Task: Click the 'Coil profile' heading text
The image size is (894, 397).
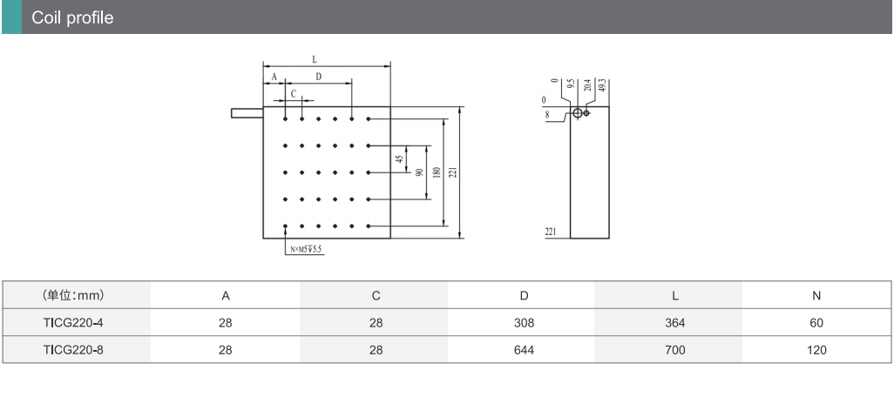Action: [x=72, y=17]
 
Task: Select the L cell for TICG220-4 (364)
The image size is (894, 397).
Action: [x=674, y=323]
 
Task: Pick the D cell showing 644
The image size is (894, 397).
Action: [x=524, y=350]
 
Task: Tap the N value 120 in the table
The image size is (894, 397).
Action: [x=816, y=350]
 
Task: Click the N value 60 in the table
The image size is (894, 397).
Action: [x=816, y=323]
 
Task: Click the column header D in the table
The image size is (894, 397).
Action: [x=524, y=295]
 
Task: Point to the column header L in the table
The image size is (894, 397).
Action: [x=674, y=295]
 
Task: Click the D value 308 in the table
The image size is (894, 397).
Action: [x=524, y=323]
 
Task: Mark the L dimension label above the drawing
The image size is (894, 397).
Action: [x=315, y=59]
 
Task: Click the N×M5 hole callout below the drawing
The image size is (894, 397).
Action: [x=306, y=250]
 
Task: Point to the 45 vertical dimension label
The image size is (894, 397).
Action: [x=400, y=159]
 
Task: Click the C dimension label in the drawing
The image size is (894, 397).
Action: [x=293, y=93]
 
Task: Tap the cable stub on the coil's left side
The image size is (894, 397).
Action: [x=247, y=112]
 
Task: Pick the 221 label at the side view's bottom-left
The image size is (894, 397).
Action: [x=551, y=232]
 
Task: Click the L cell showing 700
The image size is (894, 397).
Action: [x=674, y=350]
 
